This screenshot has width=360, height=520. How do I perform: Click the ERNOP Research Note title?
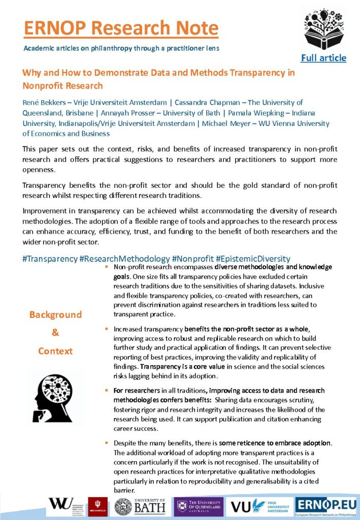121,28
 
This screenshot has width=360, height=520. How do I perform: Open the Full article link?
323,58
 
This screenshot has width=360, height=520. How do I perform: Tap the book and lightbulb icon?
323,29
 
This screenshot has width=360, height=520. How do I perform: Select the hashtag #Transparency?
50,258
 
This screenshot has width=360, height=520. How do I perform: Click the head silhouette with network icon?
55,398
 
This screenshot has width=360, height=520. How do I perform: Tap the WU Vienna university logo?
66,506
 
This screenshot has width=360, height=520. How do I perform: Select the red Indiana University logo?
97,506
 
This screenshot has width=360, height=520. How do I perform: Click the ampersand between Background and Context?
55,333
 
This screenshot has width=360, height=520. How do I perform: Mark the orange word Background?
55,315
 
